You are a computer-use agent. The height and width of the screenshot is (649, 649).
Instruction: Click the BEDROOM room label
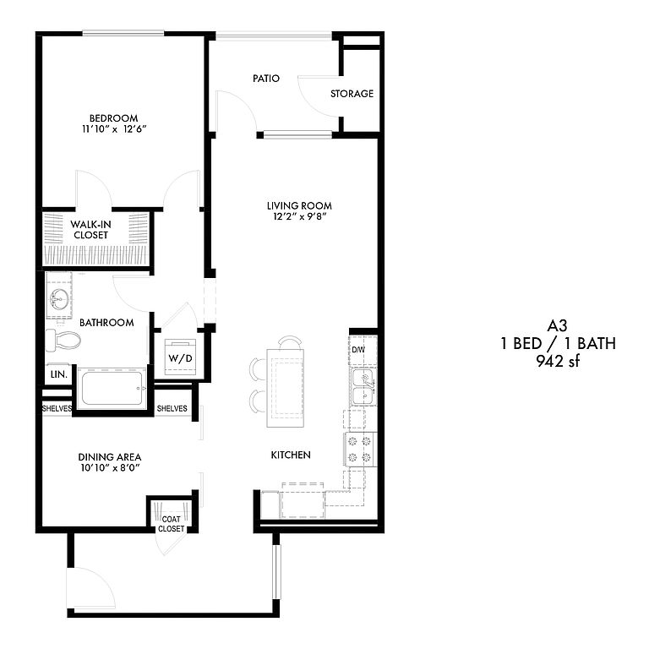[114, 118]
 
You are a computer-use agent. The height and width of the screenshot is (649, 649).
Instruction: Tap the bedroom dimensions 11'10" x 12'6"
[114, 129]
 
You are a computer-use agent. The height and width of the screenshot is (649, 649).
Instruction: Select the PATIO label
[266, 79]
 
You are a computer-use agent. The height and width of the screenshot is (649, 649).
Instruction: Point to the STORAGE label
[352, 94]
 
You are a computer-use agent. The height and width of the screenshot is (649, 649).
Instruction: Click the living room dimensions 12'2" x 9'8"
[299, 216]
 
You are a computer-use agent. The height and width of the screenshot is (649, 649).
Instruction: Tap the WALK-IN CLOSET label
[90, 230]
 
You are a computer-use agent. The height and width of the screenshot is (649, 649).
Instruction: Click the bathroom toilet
[63, 341]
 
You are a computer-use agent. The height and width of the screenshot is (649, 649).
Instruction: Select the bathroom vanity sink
[59, 298]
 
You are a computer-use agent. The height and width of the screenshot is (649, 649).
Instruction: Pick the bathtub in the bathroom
[112, 388]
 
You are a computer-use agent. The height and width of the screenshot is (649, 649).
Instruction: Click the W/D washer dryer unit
[181, 357]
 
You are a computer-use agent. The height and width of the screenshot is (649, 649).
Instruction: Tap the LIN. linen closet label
[59, 374]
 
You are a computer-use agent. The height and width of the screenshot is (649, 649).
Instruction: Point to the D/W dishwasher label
[358, 350]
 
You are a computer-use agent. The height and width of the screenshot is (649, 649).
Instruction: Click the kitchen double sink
[364, 387]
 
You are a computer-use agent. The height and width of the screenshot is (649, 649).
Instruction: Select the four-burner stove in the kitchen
[360, 450]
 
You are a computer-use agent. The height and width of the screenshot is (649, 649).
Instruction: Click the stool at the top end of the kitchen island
[290, 342]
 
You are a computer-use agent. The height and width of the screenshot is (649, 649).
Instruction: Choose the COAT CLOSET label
[171, 524]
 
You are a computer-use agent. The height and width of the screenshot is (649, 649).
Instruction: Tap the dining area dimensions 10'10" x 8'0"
[110, 468]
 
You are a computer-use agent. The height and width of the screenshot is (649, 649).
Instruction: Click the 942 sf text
[558, 362]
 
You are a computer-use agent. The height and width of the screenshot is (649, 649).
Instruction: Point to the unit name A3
[557, 326]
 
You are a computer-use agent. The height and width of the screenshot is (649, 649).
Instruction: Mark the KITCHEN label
[291, 455]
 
